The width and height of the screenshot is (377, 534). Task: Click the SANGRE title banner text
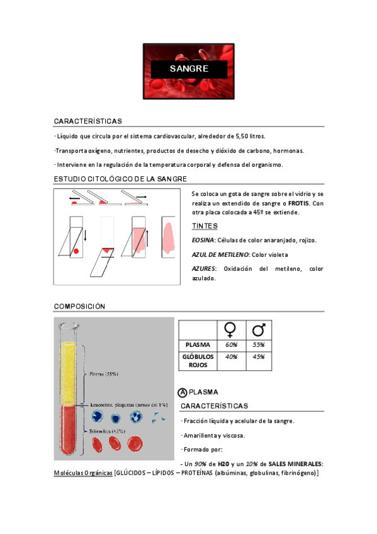189,69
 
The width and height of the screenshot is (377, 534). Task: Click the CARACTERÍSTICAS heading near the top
87,121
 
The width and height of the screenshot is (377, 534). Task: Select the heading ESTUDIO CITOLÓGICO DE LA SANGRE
120,179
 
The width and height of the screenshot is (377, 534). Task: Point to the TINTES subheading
205,226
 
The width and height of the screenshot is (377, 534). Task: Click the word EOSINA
203,241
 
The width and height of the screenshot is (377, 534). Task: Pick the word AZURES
203,269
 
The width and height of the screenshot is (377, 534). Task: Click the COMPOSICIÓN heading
79,307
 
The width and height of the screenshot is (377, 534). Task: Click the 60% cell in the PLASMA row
231,345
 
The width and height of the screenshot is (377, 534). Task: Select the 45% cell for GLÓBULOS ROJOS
258,357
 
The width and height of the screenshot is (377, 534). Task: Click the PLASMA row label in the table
198,345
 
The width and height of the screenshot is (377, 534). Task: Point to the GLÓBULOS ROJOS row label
198,361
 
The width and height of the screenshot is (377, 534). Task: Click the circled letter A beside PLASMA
183,392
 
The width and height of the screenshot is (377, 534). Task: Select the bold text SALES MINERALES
295,463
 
